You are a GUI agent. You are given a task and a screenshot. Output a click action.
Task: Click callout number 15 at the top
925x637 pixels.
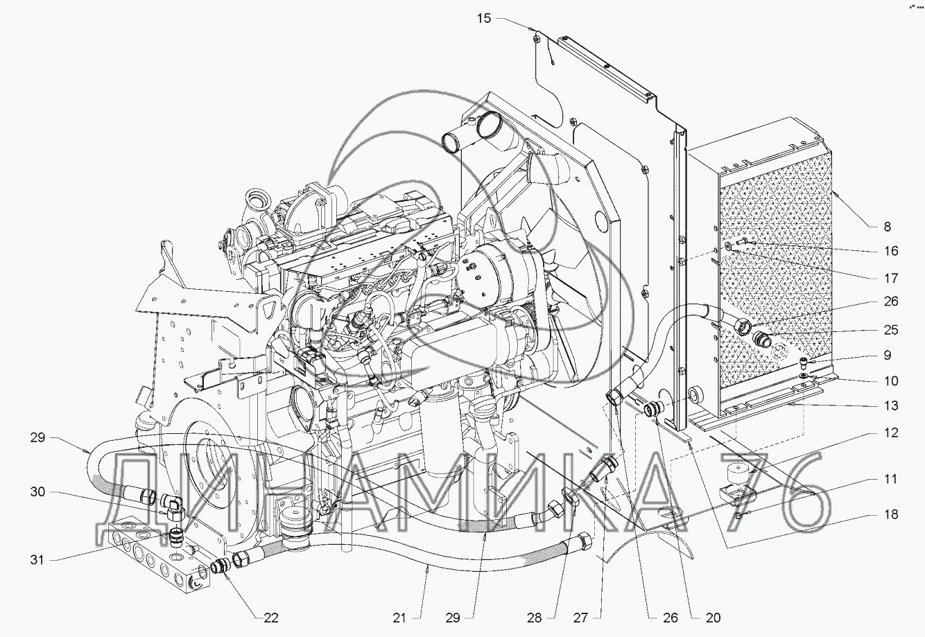pyautogui.click(x=485, y=19)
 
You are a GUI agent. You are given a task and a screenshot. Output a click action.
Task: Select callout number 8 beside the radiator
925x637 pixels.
pyautogui.click(x=888, y=226)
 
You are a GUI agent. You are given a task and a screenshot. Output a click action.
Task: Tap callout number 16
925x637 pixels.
pyautogui.click(x=892, y=251)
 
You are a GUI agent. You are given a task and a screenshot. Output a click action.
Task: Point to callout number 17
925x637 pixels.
pyautogui.click(x=891, y=278)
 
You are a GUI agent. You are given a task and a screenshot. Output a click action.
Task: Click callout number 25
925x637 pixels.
pyautogui.click(x=891, y=330)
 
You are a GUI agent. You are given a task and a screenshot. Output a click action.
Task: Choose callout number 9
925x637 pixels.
pyautogui.click(x=888, y=355)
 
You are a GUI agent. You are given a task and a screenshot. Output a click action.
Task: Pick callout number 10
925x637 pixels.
pyautogui.click(x=891, y=381)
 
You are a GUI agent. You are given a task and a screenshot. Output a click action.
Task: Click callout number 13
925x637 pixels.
pyautogui.click(x=891, y=405)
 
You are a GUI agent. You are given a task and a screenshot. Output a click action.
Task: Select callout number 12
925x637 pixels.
pyautogui.click(x=891, y=433)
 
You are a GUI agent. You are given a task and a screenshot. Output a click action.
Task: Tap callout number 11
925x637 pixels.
pyautogui.click(x=891, y=479)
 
